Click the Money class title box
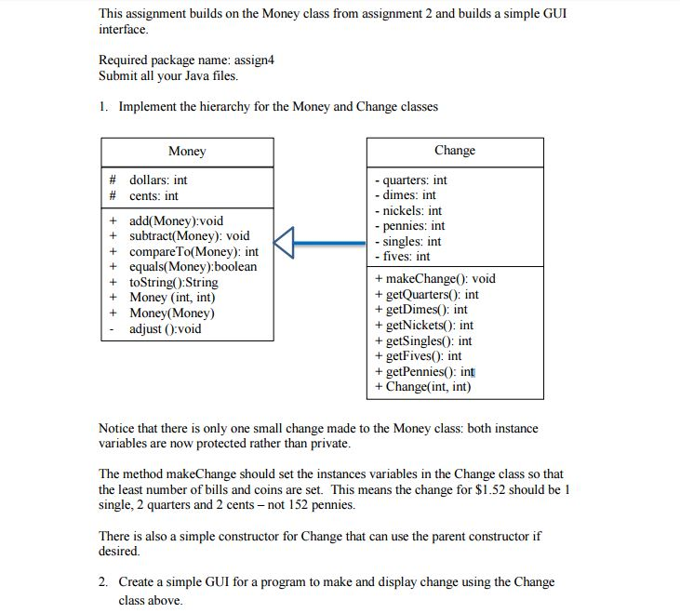coord(187,152)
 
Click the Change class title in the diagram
coord(454,151)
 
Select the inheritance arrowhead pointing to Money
coord(286,243)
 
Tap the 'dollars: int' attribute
coord(158,180)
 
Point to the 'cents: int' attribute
coord(153,195)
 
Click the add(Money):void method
coord(176,221)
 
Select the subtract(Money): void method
coord(189,236)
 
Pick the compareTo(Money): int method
coord(193,251)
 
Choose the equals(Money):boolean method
coord(193,267)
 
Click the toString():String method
coord(173,282)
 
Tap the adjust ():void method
coord(165,328)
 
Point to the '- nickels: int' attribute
coord(407,210)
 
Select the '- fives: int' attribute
coord(402,256)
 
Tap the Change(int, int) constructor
coord(423,386)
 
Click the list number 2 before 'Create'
coord(102,582)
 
